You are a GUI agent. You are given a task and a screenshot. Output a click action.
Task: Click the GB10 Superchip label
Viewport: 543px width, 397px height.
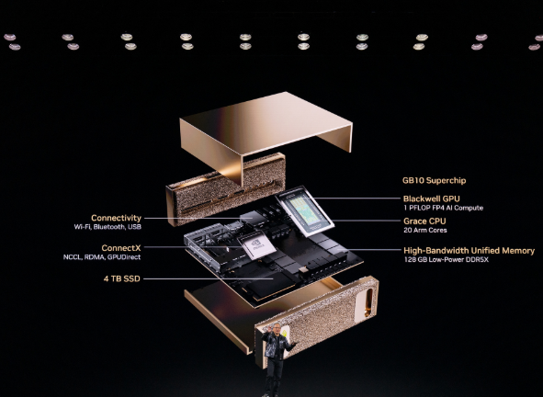[434, 180]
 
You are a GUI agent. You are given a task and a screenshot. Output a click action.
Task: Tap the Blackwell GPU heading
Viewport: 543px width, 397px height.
[432, 198]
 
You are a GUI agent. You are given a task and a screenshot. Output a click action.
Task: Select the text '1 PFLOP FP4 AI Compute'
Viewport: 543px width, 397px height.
[443, 208]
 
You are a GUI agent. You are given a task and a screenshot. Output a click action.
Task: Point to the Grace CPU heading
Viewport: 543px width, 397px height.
[424, 221]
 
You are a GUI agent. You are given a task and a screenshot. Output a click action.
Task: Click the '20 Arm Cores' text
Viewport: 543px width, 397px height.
[425, 230]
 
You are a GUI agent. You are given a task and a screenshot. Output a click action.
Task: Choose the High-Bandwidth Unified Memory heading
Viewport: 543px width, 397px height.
[469, 251]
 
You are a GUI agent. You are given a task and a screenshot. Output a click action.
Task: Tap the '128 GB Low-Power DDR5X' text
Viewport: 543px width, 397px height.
[446, 259]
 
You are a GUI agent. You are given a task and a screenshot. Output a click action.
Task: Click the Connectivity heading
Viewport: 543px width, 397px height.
[116, 218]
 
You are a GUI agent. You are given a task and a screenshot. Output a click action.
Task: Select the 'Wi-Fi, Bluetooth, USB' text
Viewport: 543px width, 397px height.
[107, 227]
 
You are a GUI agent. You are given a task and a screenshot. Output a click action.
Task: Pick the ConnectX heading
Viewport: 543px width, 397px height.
[121, 248]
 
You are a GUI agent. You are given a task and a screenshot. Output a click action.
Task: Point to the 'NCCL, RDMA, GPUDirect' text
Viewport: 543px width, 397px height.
[102, 257]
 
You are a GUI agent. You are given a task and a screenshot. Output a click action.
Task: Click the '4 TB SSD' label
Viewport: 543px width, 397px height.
[122, 278]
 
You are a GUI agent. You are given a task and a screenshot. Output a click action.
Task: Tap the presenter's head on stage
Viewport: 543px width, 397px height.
[277, 328]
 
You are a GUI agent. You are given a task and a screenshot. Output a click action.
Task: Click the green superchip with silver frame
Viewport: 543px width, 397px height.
[305, 211]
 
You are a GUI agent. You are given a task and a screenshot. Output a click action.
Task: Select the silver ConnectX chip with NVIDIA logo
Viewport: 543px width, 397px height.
[256, 245]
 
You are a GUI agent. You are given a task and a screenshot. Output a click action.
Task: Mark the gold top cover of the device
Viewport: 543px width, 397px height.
[266, 137]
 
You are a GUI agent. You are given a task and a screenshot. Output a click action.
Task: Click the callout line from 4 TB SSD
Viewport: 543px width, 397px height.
[209, 278]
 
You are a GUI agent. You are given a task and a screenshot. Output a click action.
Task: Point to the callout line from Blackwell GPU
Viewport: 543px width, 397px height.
[356, 198]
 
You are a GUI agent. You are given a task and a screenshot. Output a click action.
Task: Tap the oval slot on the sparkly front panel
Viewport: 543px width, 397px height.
[368, 299]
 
